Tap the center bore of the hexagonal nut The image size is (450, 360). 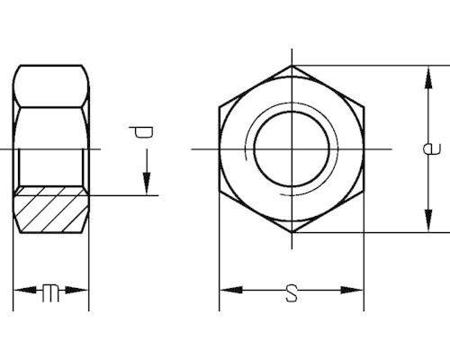tap(291, 148)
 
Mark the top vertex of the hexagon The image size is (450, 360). tap(292, 65)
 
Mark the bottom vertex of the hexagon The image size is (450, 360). tap(292, 232)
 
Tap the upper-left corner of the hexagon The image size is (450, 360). tap(220, 106)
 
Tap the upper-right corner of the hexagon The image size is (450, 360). tap(364, 106)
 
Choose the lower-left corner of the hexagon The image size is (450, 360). tap(220, 191)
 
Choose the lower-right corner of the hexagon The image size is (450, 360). tap(364, 191)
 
